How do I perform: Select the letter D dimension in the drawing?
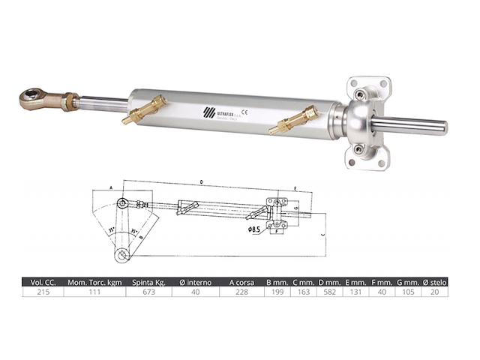[202, 182]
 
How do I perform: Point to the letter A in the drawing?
[110, 187]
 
